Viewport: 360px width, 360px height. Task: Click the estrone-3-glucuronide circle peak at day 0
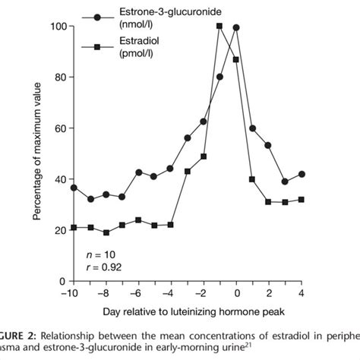[236, 27]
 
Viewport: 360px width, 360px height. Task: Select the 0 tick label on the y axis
[62, 281]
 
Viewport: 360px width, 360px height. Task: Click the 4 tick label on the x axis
[302, 293]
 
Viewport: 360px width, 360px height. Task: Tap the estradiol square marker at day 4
[302, 200]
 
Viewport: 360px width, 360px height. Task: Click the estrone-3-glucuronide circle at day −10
[74, 188]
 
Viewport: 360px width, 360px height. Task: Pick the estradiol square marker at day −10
[74, 227]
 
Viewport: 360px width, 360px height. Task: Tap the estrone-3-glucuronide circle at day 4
[302, 174]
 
